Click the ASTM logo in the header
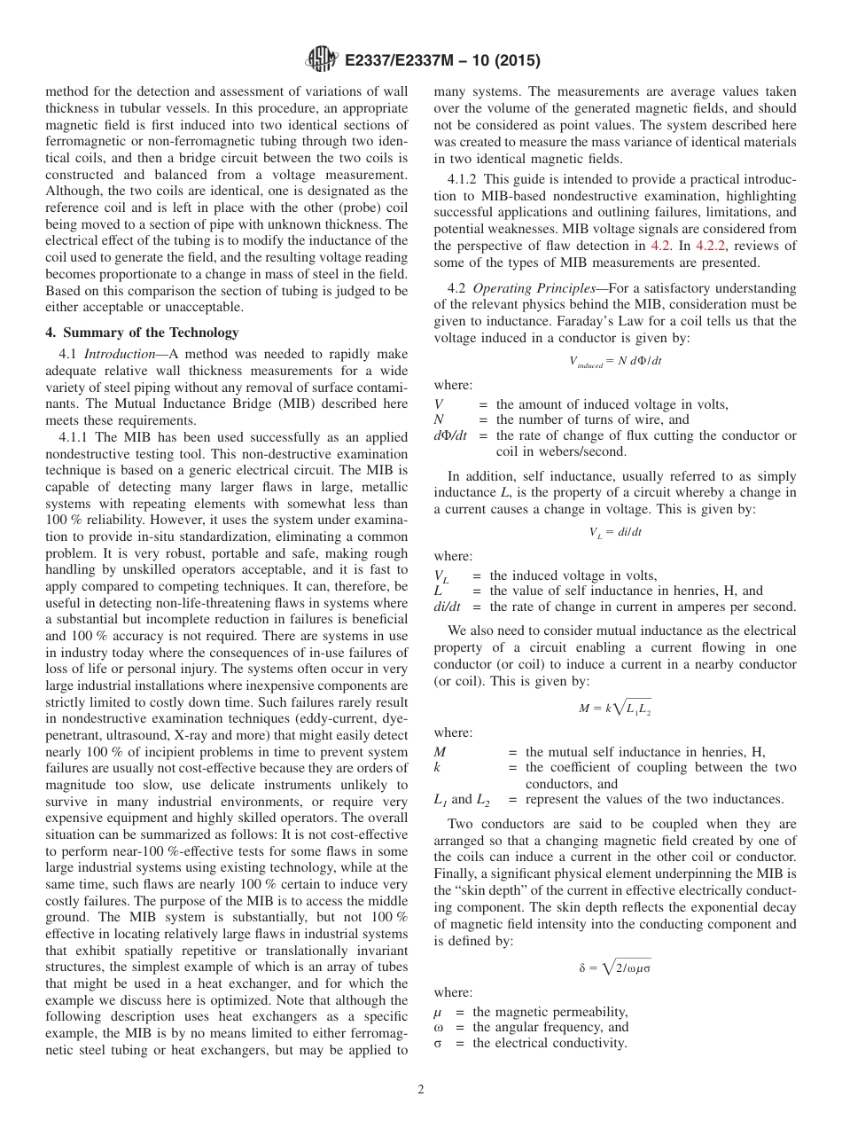(x=321, y=60)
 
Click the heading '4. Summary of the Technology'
(x=142, y=333)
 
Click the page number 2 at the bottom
(x=421, y=1090)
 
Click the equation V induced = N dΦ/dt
(x=616, y=361)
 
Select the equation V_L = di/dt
(x=616, y=532)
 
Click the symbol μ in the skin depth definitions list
(x=438, y=1012)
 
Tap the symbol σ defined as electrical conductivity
(x=438, y=1043)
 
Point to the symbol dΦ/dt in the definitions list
(x=450, y=435)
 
